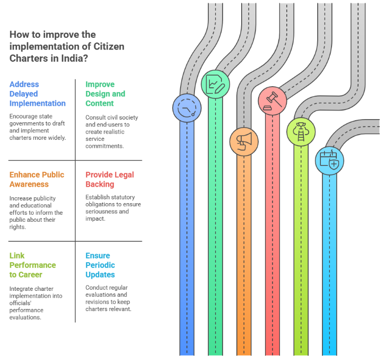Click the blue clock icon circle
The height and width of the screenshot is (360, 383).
click(187, 108)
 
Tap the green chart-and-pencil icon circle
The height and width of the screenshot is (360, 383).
click(216, 84)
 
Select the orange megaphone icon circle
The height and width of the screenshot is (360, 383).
click(244, 141)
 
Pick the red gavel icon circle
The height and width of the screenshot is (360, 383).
click(273, 99)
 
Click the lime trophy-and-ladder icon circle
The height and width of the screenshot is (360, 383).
click(301, 131)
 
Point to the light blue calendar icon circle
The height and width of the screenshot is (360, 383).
click(329, 161)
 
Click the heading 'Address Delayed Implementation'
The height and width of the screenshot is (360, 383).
click(37, 94)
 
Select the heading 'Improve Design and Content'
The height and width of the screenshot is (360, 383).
click(105, 94)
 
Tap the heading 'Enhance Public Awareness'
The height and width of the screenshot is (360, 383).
click(37, 179)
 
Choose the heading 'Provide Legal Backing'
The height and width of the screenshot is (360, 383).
click(109, 179)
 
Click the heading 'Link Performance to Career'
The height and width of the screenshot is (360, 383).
click(32, 265)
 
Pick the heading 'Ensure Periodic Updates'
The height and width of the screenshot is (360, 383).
click(100, 265)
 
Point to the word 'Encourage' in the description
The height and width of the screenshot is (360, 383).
click(25, 116)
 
